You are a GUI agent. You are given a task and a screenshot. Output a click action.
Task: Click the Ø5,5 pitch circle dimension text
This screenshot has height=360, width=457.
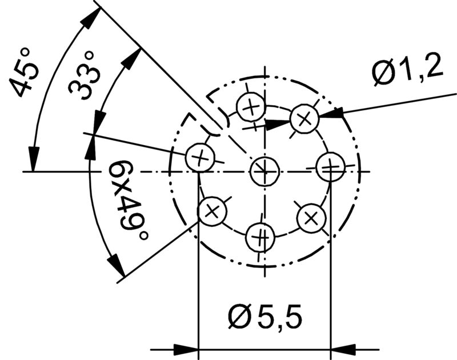264,316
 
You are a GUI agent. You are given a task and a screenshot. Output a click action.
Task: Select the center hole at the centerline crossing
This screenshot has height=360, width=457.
264,170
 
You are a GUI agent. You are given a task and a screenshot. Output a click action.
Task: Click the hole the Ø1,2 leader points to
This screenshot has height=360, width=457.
304,118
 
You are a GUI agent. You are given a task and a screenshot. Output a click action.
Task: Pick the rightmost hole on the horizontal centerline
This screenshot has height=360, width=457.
330,166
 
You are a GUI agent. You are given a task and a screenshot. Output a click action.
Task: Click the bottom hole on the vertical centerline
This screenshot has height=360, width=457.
260,237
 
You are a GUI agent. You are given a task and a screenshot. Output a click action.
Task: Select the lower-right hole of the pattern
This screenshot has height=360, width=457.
311,217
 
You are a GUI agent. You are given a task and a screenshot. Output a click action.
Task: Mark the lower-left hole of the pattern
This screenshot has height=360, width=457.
212,211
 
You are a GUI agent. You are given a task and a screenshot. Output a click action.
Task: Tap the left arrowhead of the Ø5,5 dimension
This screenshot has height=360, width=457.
185,348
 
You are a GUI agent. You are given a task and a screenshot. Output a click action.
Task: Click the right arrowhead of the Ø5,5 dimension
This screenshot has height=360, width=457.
343,348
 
